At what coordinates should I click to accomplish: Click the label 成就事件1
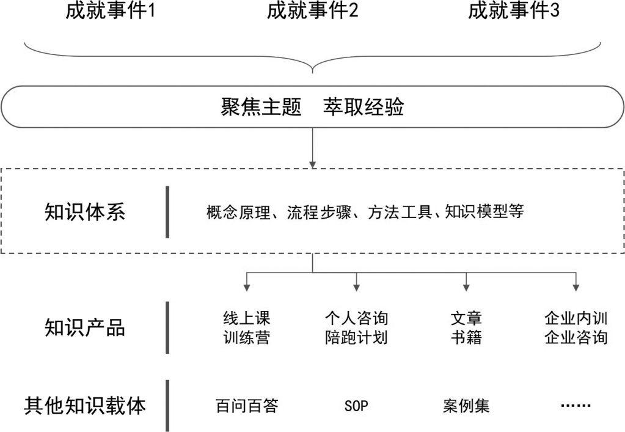point(110,11)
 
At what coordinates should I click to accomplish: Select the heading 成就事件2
point(312,11)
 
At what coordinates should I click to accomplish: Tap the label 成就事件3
point(513,11)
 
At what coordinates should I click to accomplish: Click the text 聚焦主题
point(261,107)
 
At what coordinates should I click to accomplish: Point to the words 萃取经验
point(364,107)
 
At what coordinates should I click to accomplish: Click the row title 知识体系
point(85,211)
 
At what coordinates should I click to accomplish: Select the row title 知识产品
point(85,328)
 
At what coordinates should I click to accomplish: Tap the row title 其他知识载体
point(85,406)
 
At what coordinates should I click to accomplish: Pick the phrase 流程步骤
point(320,211)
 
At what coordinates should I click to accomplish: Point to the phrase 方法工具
point(400,211)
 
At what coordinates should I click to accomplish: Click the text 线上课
point(247,318)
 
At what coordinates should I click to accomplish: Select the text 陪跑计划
point(356,337)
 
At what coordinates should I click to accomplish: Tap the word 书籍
point(466,337)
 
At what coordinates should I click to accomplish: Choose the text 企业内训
point(576,318)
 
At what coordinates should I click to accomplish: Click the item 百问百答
point(247,406)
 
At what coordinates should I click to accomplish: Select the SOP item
point(356,406)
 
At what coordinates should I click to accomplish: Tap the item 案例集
point(466,406)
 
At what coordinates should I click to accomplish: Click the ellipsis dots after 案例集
point(576,406)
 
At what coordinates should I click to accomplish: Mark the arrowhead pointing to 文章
point(466,288)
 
